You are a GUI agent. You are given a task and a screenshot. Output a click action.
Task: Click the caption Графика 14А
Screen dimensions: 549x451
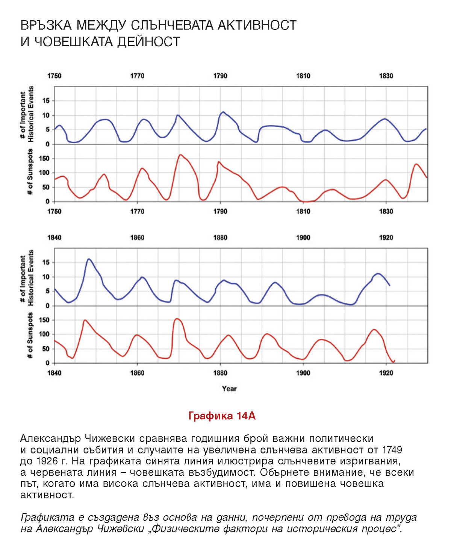[x=222, y=416]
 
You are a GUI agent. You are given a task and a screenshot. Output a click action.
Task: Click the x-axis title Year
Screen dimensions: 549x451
[x=229, y=389]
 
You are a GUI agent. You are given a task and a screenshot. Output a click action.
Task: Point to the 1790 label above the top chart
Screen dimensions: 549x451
[x=220, y=76]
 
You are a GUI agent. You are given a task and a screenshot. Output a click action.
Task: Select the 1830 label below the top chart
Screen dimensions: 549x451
[x=386, y=211]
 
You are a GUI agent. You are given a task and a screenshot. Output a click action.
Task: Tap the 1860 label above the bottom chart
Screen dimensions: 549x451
[x=137, y=238]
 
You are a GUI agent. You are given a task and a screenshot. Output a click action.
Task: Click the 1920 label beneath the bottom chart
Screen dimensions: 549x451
[x=386, y=373]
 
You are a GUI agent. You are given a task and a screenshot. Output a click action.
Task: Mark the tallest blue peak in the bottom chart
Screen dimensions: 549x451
[x=89, y=259]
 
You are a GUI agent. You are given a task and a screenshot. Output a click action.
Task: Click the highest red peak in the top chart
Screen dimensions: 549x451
[x=181, y=155]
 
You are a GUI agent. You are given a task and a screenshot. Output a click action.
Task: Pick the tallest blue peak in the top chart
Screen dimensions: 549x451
[x=223, y=112]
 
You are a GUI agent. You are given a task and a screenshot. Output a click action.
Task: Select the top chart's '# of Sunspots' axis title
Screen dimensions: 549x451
[x=30, y=172]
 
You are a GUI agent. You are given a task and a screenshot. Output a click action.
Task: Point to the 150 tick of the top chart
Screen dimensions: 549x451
[x=45, y=159]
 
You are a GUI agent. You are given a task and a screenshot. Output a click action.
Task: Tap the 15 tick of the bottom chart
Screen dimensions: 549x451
[x=46, y=262]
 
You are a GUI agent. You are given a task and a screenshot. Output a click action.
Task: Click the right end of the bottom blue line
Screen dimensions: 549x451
[x=390, y=285]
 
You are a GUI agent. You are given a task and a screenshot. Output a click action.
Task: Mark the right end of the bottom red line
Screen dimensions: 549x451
[x=394, y=361]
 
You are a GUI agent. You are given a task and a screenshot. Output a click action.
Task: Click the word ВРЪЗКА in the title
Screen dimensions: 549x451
[x=46, y=25]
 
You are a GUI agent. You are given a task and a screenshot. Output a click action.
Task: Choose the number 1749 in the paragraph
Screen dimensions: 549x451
[x=392, y=450]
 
